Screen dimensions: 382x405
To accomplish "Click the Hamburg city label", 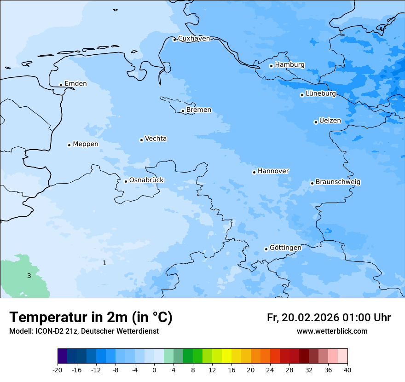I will point(289,65).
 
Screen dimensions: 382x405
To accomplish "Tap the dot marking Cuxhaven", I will point(174,40).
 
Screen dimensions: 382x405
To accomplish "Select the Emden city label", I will point(75,84).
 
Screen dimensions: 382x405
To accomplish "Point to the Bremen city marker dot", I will point(183,111).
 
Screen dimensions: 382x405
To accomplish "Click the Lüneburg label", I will point(320,94).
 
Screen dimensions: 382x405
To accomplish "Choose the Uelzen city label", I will point(330,121).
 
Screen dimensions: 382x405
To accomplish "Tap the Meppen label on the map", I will point(85,144).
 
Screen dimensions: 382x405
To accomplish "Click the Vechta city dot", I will point(141,140).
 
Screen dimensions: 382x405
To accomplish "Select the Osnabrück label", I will point(146,180).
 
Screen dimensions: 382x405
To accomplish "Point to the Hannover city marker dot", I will point(254,172).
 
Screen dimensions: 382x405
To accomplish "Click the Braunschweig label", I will point(338,182).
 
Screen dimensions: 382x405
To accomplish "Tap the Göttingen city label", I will point(285,248).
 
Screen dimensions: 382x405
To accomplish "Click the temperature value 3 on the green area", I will point(29,276).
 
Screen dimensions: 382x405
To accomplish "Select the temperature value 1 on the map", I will point(104,263).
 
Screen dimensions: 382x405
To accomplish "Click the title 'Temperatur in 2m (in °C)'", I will point(91,318).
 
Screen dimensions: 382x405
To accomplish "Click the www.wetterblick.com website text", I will point(332,331).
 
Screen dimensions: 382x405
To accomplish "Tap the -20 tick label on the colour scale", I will point(58,370).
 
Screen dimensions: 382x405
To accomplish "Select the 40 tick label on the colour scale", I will point(347,370).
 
